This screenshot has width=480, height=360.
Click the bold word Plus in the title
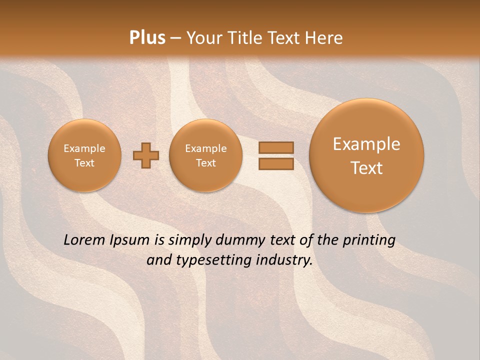pos(147,38)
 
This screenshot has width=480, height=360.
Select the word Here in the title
pos(325,38)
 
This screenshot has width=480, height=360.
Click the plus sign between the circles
pos(146,155)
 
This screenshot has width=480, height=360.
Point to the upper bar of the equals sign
pos(276,147)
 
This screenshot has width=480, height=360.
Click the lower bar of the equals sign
pos(276,164)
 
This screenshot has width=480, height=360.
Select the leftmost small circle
pos(84,155)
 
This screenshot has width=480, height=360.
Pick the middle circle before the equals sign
pos(205,155)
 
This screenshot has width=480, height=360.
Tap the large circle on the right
pos(366,155)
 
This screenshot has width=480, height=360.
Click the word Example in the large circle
pos(366,144)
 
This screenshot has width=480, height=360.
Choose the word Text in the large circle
pos(366,168)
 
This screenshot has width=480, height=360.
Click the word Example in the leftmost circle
pos(84,148)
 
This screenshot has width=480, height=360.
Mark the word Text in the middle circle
pos(205,163)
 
